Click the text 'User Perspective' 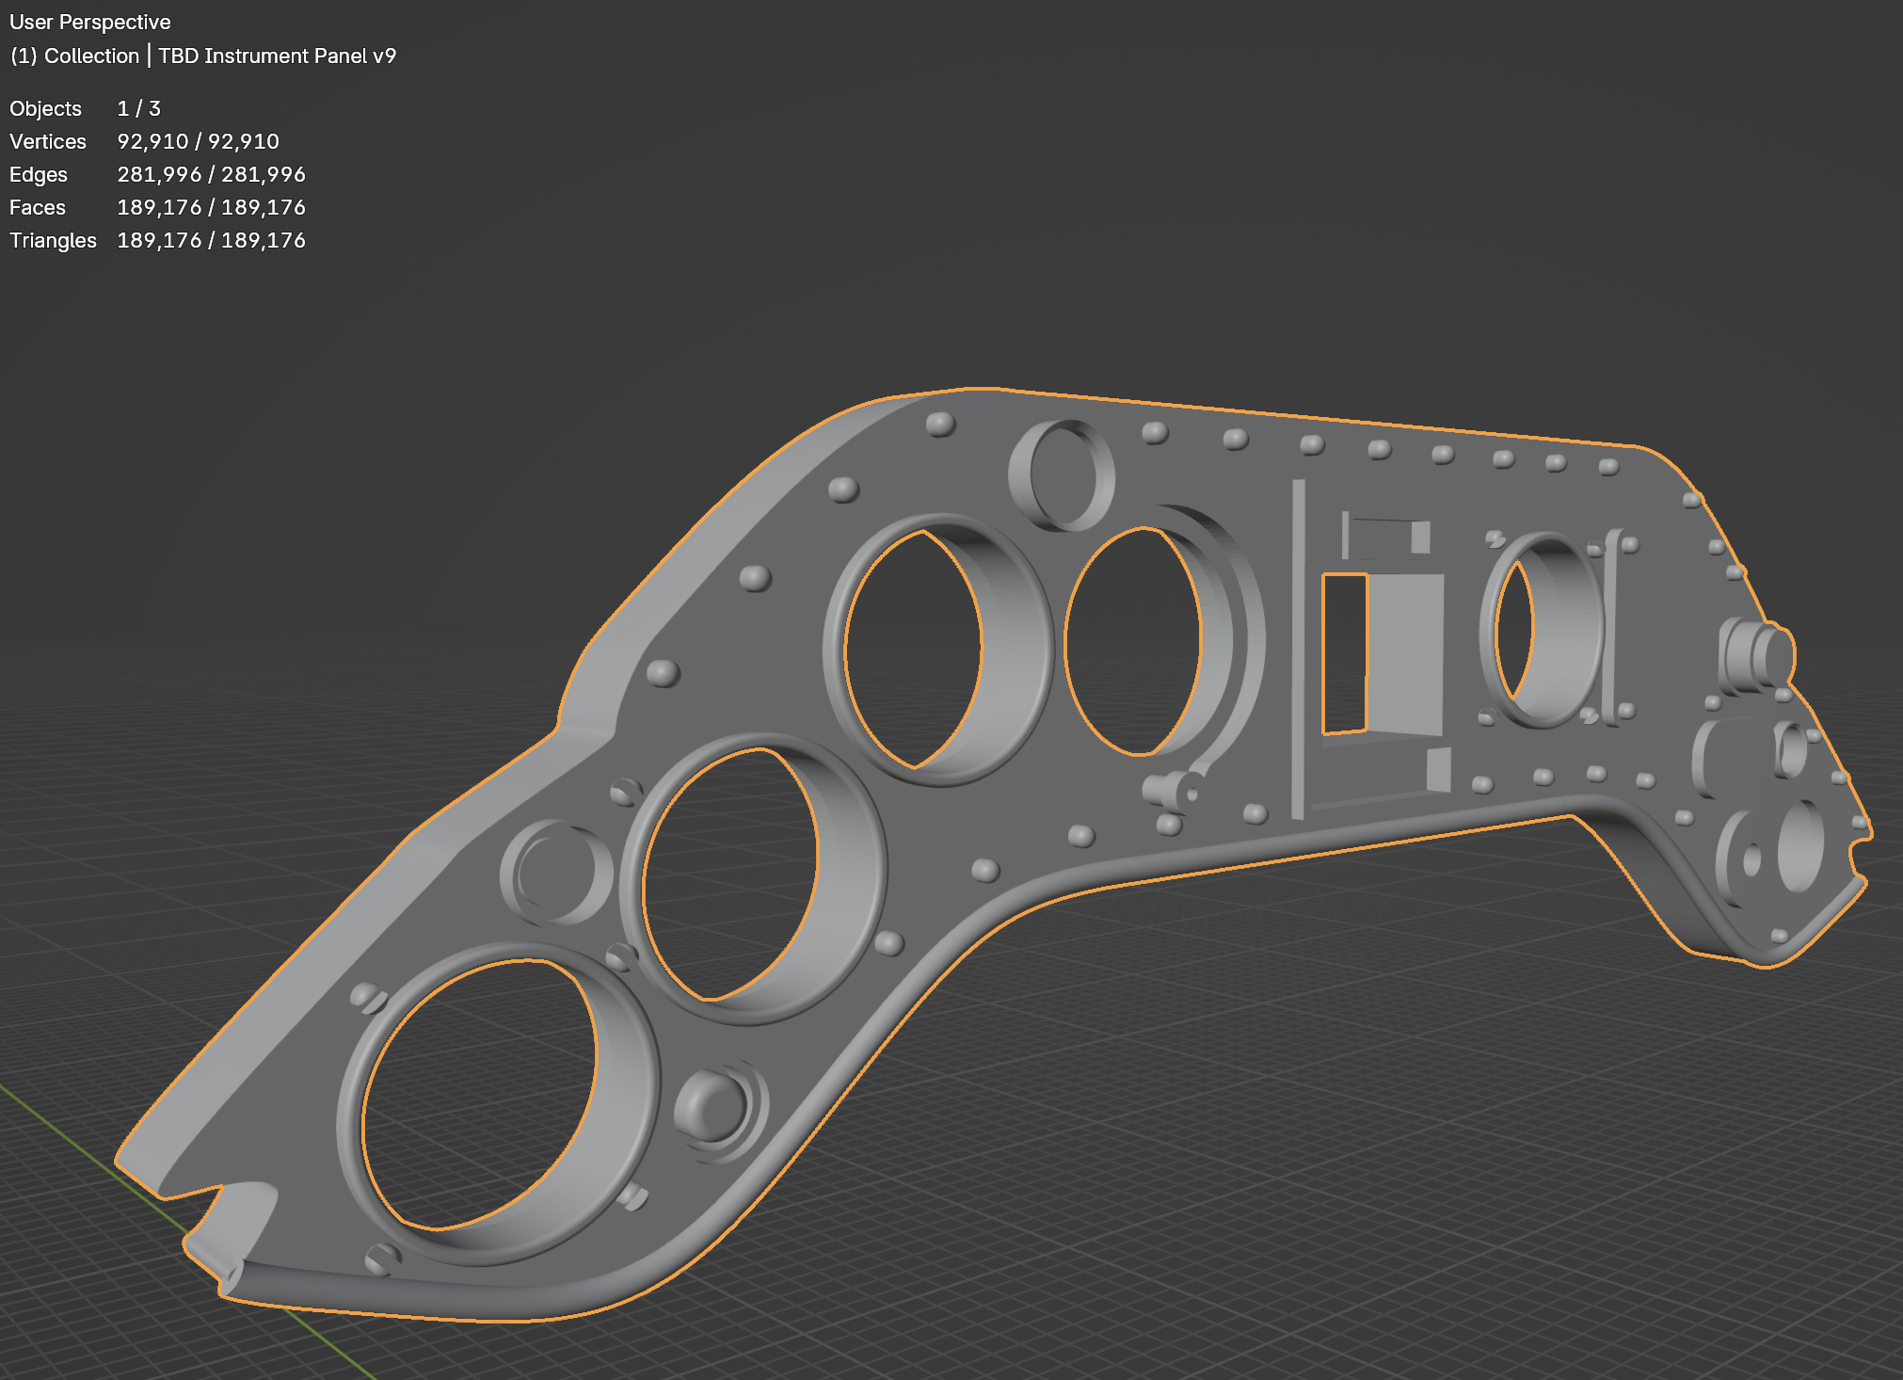[90, 22]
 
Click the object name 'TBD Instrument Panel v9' [278, 56]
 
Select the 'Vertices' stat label [48, 141]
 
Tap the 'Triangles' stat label [53, 240]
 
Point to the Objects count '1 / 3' [138, 108]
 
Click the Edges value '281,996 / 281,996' [211, 174]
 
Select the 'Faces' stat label [38, 207]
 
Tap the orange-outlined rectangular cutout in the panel [1344, 652]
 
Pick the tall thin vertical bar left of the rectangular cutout [1299, 650]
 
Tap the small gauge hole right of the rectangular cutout [1514, 628]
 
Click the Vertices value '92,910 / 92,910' [198, 141]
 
